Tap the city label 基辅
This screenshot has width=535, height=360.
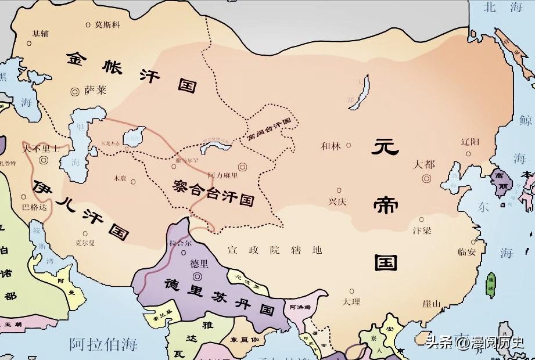40,34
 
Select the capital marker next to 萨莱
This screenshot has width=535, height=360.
74,91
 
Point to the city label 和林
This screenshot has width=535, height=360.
331,146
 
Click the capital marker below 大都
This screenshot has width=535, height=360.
427,178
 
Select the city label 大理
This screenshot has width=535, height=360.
351,302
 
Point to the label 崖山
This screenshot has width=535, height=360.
433,304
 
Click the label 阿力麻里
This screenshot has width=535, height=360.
227,175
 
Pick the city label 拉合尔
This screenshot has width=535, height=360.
179,244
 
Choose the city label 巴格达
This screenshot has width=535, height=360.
33,206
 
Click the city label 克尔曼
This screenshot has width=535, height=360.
85,243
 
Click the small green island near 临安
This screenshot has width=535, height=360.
491,282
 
